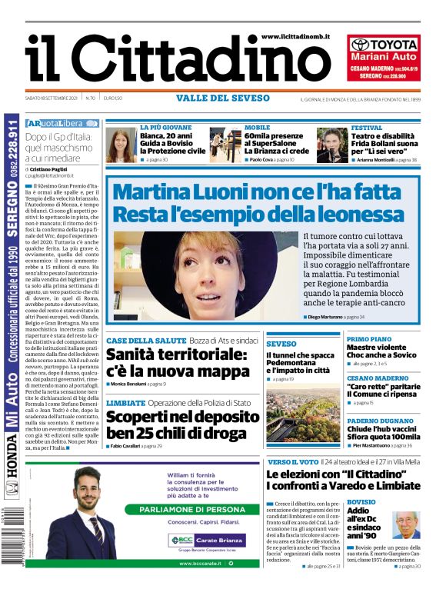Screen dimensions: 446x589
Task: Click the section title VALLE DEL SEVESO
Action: coord(223,98)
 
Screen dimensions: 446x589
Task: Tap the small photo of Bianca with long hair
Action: coord(121,145)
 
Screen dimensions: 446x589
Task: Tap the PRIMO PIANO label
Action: coord(369,339)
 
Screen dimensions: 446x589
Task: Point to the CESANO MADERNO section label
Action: coord(378,378)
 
